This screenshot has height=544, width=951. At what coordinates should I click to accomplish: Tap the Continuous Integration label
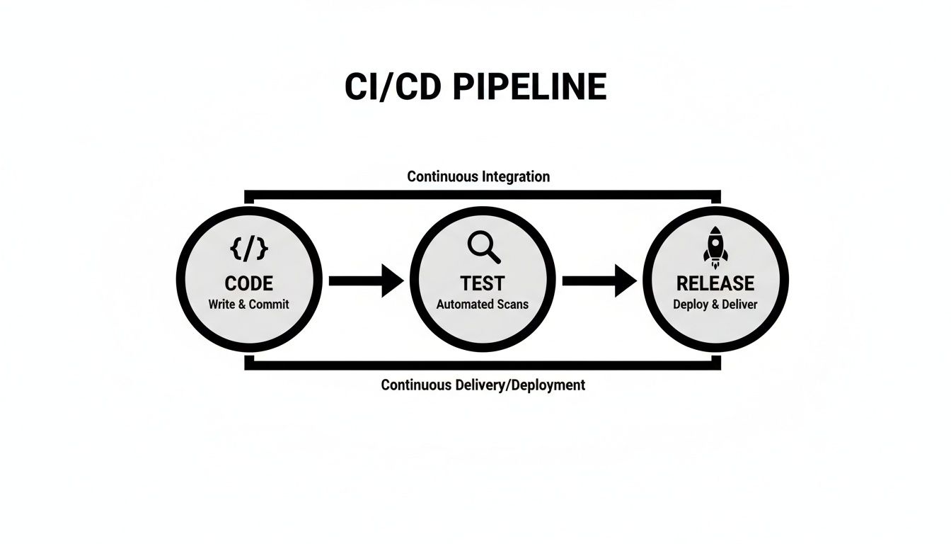tap(478, 176)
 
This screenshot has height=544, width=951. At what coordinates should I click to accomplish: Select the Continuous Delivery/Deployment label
tap(483, 385)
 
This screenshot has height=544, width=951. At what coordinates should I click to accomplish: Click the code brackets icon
tap(249, 249)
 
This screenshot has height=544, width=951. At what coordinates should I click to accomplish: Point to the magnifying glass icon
tap(484, 246)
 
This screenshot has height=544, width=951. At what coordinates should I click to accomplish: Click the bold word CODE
tap(249, 283)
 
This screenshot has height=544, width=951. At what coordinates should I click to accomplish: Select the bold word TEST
tap(483, 283)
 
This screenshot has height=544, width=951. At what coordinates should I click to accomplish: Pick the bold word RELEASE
tap(715, 283)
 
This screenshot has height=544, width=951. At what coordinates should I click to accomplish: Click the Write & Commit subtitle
tap(249, 305)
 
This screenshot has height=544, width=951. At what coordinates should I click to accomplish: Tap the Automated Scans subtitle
tap(483, 305)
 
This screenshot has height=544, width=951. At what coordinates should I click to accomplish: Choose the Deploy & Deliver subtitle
tap(715, 305)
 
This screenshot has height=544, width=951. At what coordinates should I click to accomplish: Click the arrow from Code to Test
tap(366, 280)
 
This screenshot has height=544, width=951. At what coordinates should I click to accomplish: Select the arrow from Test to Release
tap(599, 280)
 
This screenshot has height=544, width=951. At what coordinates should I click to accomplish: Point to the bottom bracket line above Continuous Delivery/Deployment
tap(483, 365)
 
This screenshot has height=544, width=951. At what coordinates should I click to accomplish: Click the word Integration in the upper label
tap(515, 176)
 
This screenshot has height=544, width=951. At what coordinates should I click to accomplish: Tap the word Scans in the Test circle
tap(512, 305)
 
